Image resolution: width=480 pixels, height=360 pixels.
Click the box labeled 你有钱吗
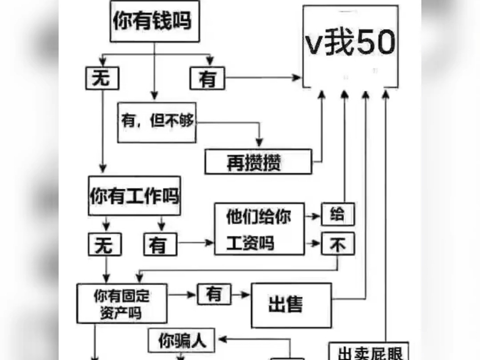pyautogui.click(x=155, y=21)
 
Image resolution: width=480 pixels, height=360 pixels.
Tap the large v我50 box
pyautogui.click(x=351, y=46)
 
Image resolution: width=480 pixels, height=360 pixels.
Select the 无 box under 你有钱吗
pyautogui.click(x=102, y=78)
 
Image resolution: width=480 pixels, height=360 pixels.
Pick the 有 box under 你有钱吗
pyautogui.click(x=208, y=78)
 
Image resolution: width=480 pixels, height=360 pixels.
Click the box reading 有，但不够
pyautogui.click(x=157, y=122)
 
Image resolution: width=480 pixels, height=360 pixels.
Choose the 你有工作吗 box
pyautogui.click(x=134, y=196)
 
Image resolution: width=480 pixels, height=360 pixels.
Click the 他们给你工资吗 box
pyautogui.click(x=258, y=229)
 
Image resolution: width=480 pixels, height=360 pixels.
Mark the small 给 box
pyautogui.click(x=337, y=215)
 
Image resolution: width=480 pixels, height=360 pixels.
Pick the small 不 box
pyautogui.click(x=338, y=244)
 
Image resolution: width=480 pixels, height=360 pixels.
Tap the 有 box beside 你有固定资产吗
pyautogui.click(x=214, y=295)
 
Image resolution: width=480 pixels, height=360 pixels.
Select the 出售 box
pyautogui.click(x=291, y=304)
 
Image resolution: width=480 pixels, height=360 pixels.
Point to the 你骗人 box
pyautogui.click(x=181, y=341)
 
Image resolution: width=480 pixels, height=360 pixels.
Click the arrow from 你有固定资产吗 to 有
pyautogui.click(x=182, y=295)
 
